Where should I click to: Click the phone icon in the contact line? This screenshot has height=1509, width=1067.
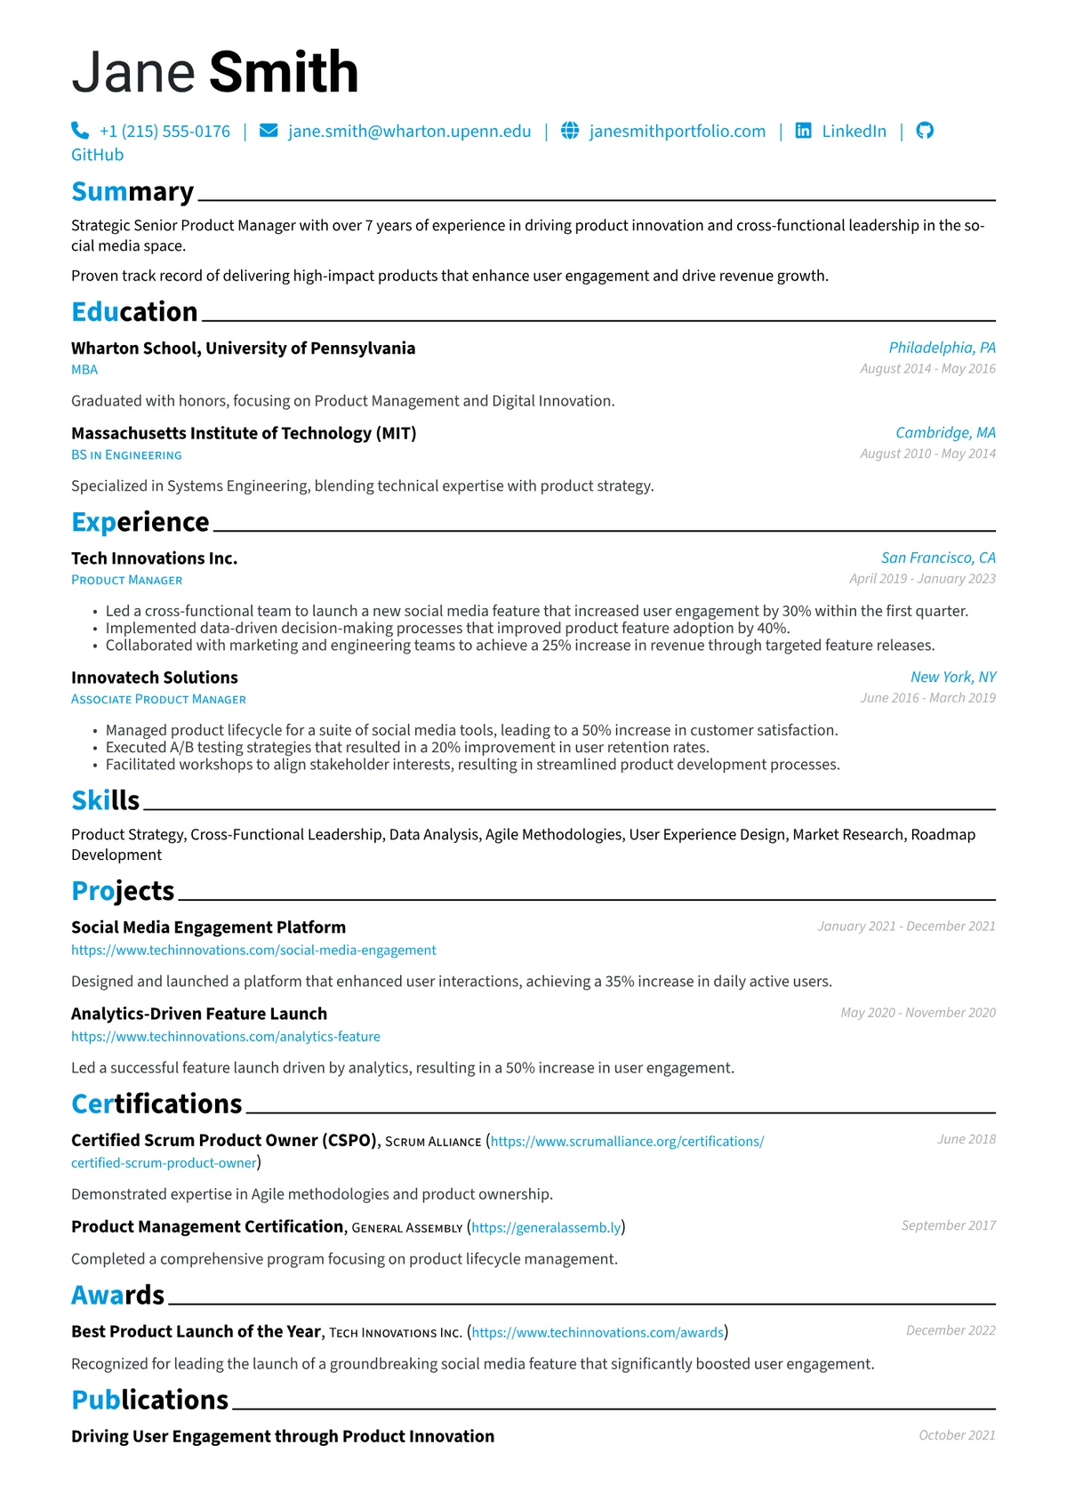click(x=80, y=131)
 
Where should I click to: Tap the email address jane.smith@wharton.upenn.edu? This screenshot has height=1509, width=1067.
click(x=409, y=132)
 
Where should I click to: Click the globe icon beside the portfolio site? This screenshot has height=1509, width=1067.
click(x=570, y=131)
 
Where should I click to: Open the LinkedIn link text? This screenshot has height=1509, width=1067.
click(x=854, y=132)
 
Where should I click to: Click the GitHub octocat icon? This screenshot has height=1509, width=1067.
click(x=925, y=131)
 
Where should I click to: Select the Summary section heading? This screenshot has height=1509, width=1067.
click(x=132, y=192)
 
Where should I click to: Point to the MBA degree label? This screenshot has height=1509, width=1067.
click(x=84, y=370)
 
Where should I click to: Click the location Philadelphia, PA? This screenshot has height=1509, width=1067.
click(x=942, y=348)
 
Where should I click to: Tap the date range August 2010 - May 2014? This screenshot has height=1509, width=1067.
click(x=927, y=454)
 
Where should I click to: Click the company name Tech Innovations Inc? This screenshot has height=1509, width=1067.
click(x=154, y=558)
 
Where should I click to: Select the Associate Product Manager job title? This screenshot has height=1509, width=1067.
click(x=158, y=700)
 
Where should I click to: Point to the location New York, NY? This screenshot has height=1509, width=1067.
click(x=953, y=677)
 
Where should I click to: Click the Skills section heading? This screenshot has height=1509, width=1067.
click(x=105, y=801)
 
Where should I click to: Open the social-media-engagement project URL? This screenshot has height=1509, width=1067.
click(x=253, y=951)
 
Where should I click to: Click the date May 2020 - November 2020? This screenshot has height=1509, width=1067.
click(x=918, y=1013)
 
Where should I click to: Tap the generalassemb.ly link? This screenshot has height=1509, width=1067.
click(x=546, y=1228)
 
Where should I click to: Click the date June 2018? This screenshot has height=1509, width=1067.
click(x=966, y=1139)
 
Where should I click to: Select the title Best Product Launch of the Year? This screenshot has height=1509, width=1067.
click(x=196, y=1331)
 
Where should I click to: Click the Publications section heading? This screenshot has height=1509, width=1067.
click(x=149, y=1401)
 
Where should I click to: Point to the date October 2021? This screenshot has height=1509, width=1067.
click(x=957, y=1435)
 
